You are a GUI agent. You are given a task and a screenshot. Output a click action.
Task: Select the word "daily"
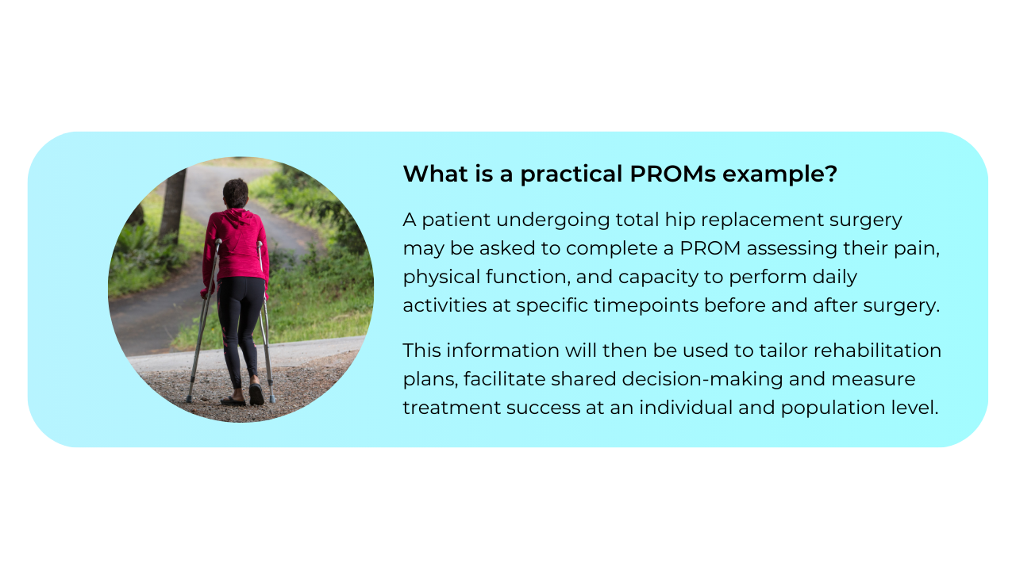[x=832, y=277]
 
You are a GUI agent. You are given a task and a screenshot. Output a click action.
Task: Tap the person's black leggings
[x=241, y=325]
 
